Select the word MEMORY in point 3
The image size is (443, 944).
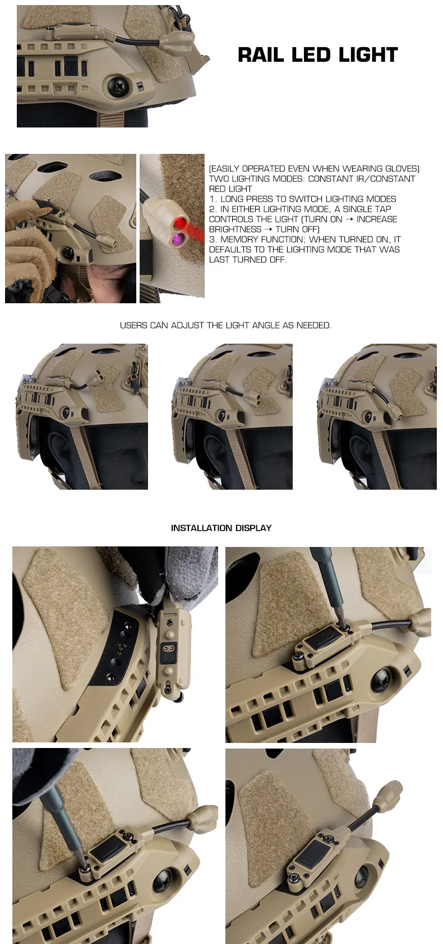click(x=240, y=239)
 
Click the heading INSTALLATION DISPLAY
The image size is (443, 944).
click(x=221, y=528)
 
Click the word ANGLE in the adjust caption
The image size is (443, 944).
click(x=266, y=325)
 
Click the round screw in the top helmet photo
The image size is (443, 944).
click(x=117, y=85)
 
